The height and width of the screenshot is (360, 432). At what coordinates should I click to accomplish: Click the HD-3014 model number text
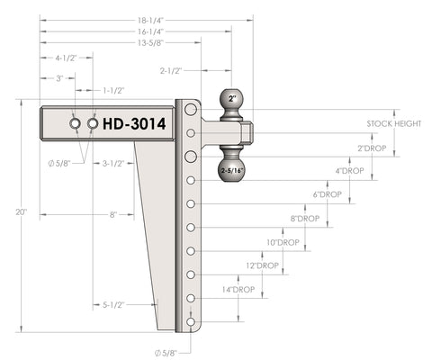(x=134, y=123)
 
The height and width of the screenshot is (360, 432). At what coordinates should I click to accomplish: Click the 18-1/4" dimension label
(x=150, y=21)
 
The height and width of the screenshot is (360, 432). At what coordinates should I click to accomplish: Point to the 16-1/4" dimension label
(x=150, y=31)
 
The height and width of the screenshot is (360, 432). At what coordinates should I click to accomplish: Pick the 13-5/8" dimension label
(x=150, y=42)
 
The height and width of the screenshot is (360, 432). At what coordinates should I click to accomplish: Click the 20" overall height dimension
(x=22, y=212)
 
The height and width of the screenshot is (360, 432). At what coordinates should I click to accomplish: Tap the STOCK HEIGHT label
(x=394, y=123)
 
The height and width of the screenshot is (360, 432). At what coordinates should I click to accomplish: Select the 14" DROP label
(x=238, y=290)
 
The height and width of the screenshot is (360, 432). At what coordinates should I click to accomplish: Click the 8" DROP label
(x=305, y=219)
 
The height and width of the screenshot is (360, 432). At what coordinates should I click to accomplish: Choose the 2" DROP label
(x=372, y=148)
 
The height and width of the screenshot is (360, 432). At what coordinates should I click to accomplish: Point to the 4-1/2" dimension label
(x=66, y=58)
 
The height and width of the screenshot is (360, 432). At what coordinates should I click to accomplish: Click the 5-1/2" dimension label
(x=113, y=305)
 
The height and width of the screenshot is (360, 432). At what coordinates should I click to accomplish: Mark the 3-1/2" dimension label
(x=113, y=164)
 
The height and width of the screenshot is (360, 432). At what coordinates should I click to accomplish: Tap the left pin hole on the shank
(x=75, y=123)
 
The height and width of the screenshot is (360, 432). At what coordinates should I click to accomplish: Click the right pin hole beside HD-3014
(x=93, y=123)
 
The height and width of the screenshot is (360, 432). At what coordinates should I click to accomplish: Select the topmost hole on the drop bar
(x=191, y=109)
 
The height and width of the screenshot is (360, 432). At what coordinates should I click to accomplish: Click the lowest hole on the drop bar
(x=191, y=322)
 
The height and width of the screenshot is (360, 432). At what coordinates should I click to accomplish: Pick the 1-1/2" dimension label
(x=113, y=90)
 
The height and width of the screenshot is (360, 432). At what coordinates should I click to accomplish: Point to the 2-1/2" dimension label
(x=171, y=71)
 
